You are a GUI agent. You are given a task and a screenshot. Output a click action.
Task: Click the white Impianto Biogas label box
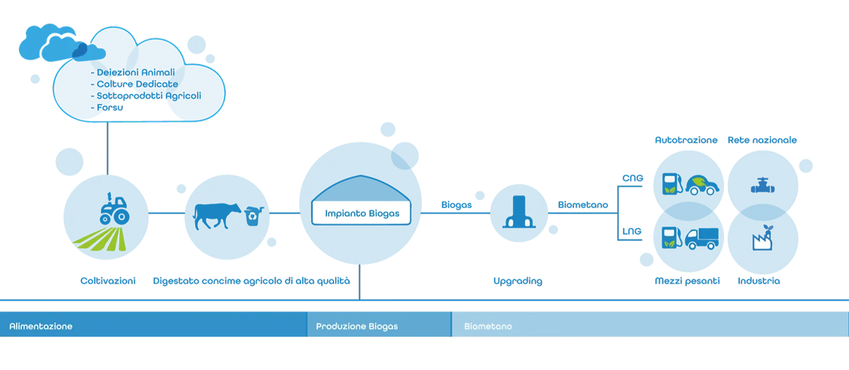tap(361, 213)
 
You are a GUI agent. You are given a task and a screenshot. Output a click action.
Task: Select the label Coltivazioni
tap(108, 282)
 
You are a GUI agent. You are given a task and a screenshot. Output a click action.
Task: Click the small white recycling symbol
tap(251, 216)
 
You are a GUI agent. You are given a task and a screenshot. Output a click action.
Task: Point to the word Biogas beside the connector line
tap(456, 205)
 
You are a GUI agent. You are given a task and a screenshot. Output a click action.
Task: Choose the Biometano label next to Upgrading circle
tap(583, 205)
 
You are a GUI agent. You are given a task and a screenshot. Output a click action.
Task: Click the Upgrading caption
tap(518, 282)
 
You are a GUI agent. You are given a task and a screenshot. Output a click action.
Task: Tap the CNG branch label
tap(632, 177)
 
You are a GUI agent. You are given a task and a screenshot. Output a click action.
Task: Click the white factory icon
tap(762, 242)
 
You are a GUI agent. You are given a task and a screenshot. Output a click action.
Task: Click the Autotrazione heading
tap(687, 140)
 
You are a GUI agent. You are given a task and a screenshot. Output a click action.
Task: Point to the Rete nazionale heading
tap(763, 140)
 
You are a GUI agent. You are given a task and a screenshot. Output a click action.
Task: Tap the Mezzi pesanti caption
tap(688, 282)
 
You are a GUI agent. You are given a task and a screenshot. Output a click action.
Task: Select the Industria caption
tap(759, 282)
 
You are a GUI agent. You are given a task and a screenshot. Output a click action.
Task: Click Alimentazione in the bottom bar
tap(40, 326)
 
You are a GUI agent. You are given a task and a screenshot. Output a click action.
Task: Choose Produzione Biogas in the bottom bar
tap(357, 326)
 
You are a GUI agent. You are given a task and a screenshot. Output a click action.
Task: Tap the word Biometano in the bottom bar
tap(488, 326)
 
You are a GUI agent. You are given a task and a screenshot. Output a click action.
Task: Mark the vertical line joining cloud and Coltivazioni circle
tap(108, 147)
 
